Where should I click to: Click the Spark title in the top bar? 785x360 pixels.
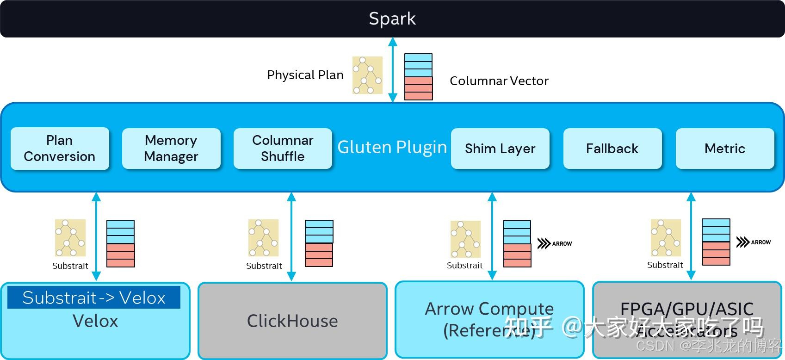(392, 19)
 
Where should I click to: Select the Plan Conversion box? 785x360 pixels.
(60, 149)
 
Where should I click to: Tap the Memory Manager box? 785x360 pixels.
(171, 149)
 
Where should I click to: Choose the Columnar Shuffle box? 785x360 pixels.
(283, 149)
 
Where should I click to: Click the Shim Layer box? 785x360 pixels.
(500, 149)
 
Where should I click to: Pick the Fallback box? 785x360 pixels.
(612, 149)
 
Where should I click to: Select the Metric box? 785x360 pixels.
(724, 149)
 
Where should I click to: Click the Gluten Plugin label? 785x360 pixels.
(392, 147)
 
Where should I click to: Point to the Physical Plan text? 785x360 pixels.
(305, 75)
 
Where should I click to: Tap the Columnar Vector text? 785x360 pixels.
(499, 81)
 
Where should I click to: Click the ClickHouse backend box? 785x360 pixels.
(292, 321)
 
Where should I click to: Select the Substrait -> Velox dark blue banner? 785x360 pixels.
(94, 298)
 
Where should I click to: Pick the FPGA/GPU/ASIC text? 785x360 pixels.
(686, 309)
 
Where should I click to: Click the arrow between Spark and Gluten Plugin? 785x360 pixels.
(393, 69)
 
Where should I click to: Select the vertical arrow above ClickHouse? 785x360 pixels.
(291, 236)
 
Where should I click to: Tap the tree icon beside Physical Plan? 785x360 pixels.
(367, 75)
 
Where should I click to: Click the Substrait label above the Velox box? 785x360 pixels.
(70, 266)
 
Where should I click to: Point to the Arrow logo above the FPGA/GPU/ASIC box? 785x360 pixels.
(753, 242)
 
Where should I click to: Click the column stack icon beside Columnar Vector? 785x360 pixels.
(418, 77)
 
